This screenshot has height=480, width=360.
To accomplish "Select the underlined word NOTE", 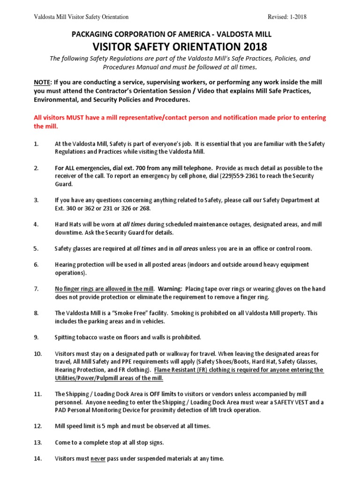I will pos(43,82).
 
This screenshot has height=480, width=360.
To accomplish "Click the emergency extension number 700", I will pos(124,168).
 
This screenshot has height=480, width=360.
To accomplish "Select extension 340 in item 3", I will pos(72,208).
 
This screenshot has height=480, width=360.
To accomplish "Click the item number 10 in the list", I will pos(37,353).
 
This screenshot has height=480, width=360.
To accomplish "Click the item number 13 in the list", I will pos(37,442).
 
